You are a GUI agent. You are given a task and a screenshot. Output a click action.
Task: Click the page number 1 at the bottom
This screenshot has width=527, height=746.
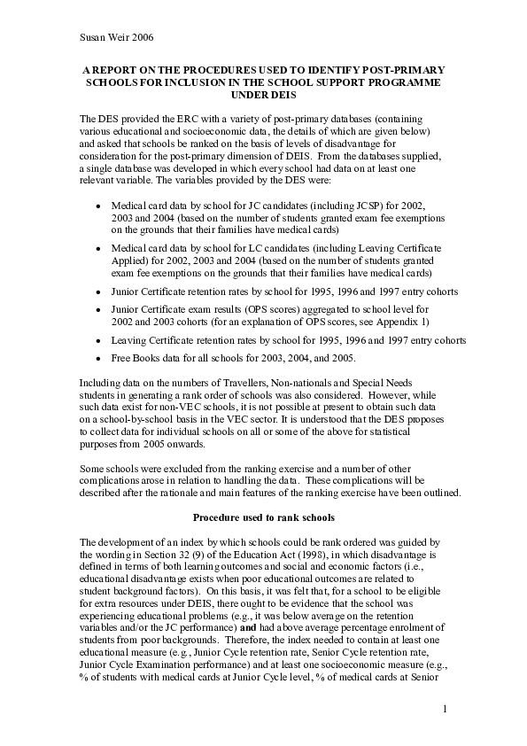(x=445, y=709)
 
